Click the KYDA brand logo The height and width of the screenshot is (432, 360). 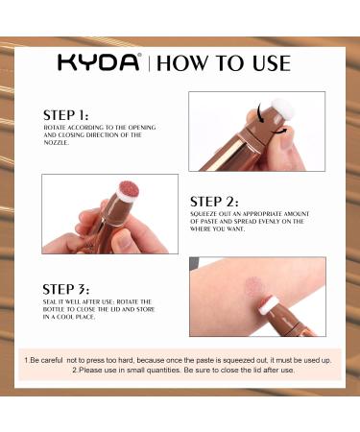[x=98, y=64]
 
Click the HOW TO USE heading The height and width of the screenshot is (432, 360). [x=223, y=64]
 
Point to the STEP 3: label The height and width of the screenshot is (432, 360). [x=66, y=288]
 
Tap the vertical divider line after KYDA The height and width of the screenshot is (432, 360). [x=146, y=64]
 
